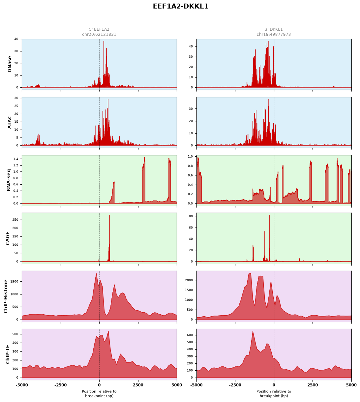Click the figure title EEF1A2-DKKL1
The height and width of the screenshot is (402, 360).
[180, 6]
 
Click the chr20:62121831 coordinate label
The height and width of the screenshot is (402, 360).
[99, 34]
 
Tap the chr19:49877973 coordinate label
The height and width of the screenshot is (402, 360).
[274, 34]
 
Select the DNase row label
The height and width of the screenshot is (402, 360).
[10, 64]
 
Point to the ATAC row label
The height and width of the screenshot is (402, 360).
[10, 122]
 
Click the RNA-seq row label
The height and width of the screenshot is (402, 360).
[9, 180]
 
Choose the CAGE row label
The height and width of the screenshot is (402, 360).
[8, 238]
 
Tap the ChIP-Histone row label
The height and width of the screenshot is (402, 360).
[6, 296]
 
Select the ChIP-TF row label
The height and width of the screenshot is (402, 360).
[8, 355]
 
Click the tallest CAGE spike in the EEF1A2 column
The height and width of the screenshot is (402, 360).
[109, 215]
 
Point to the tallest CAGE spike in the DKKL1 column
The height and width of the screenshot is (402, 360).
[270, 216]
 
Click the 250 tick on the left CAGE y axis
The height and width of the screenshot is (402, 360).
[15, 220]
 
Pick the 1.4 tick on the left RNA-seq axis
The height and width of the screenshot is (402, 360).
[16, 159]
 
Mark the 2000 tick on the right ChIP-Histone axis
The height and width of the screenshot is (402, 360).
[189, 280]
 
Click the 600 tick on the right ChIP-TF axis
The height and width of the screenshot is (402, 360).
[190, 335]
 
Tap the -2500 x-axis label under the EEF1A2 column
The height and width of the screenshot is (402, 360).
[61, 385]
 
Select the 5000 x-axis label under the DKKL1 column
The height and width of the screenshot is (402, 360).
[351, 385]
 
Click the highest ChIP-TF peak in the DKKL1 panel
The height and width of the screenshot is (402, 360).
[253, 331]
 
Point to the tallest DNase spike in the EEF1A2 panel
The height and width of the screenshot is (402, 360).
[104, 42]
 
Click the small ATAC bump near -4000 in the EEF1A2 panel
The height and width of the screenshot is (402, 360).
[38, 139]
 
